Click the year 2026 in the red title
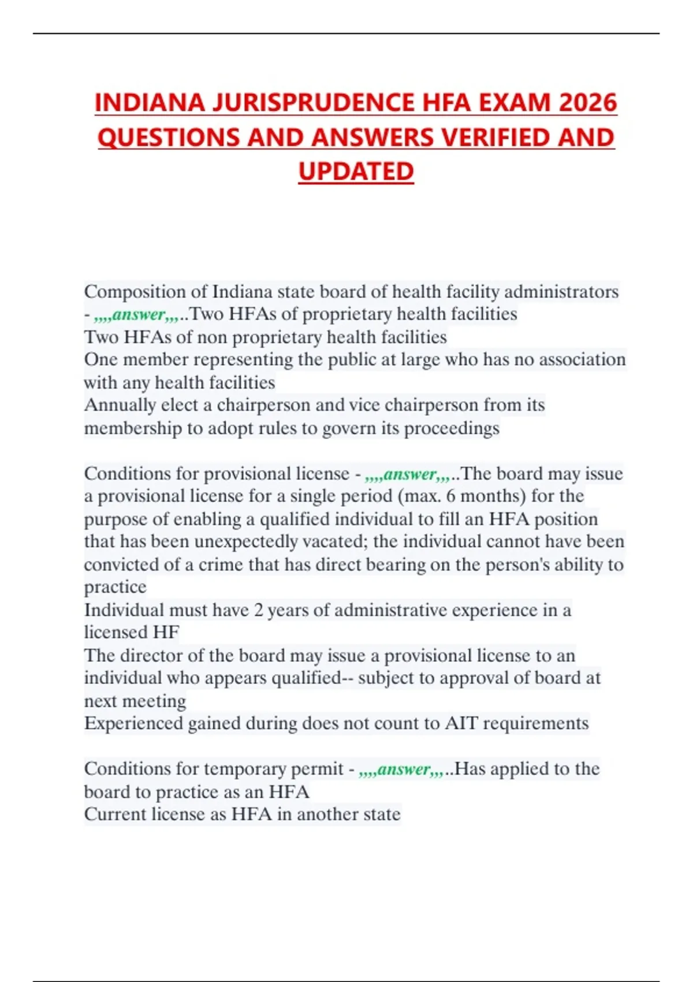pos(588,103)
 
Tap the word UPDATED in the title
pos(356,171)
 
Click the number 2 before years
pos(259,610)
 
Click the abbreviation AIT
pos(460,723)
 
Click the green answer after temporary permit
pos(402,769)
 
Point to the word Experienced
pos(133,723)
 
